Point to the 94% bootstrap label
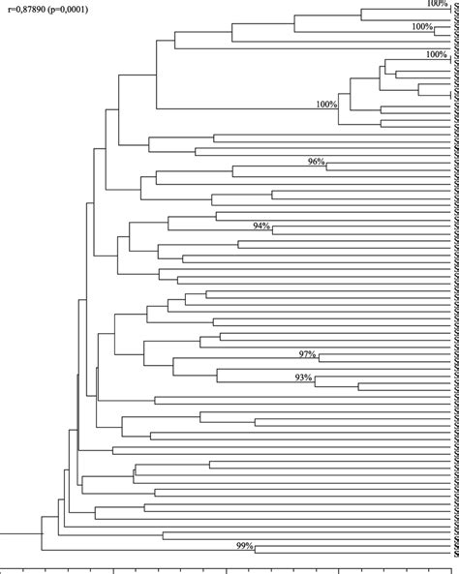tap(260, 225)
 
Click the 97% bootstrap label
tap(308, 352)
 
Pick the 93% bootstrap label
tap(303, 377)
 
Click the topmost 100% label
tap(438, 4)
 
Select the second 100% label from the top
tap(423, 26)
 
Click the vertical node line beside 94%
tap(272, 230)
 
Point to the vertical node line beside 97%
tap(320, 358)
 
